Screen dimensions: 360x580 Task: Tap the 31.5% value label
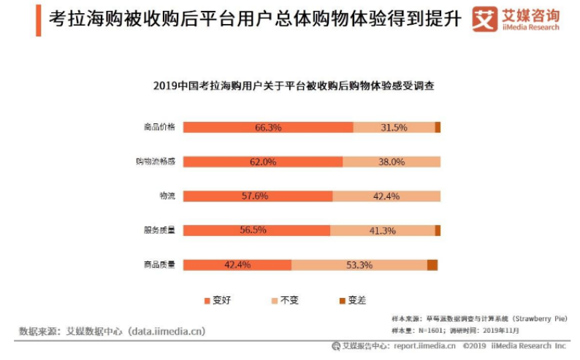394,127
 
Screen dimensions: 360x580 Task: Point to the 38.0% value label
392,161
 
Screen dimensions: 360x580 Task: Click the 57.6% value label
255,196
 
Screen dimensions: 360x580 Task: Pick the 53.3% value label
359,264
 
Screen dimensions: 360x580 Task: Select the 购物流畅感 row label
156,161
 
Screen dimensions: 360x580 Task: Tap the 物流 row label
167,196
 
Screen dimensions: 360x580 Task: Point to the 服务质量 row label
160,230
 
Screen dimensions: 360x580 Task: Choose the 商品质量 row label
160,264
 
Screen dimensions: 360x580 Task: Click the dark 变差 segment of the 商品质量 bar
432,264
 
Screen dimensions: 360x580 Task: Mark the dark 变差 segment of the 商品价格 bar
438,127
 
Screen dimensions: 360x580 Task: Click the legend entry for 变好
216,300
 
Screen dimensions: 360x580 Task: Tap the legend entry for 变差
351,300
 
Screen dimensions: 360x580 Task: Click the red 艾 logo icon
484,20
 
